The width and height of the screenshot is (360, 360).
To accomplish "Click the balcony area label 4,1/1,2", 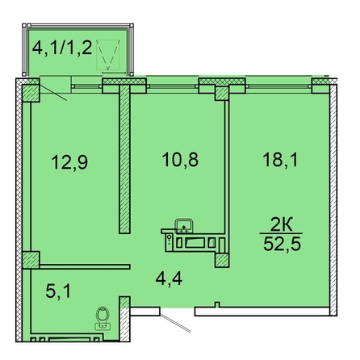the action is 62,48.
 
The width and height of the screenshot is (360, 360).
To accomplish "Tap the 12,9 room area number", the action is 69,162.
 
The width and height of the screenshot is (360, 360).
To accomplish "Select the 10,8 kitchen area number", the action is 180,159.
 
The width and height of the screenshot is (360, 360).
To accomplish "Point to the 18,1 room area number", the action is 280,159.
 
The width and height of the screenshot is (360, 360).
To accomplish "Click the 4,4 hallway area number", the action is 169,278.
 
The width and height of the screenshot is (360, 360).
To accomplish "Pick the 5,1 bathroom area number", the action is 58,291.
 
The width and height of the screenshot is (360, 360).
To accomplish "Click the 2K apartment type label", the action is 281,225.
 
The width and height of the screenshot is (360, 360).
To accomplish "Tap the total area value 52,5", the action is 282,244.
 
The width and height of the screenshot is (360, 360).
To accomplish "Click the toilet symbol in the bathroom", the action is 103,318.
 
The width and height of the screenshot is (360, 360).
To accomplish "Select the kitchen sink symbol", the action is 184,226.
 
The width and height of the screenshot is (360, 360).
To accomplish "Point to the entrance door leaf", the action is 175,323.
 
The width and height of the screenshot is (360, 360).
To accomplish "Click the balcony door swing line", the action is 53,93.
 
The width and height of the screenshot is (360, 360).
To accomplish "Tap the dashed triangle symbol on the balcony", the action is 108,55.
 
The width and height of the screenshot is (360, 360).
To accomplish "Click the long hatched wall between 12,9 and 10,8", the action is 124,159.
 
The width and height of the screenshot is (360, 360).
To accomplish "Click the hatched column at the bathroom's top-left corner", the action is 31,260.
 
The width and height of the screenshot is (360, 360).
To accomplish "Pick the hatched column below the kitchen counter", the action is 222,261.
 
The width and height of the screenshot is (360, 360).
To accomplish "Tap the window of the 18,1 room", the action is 278,86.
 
